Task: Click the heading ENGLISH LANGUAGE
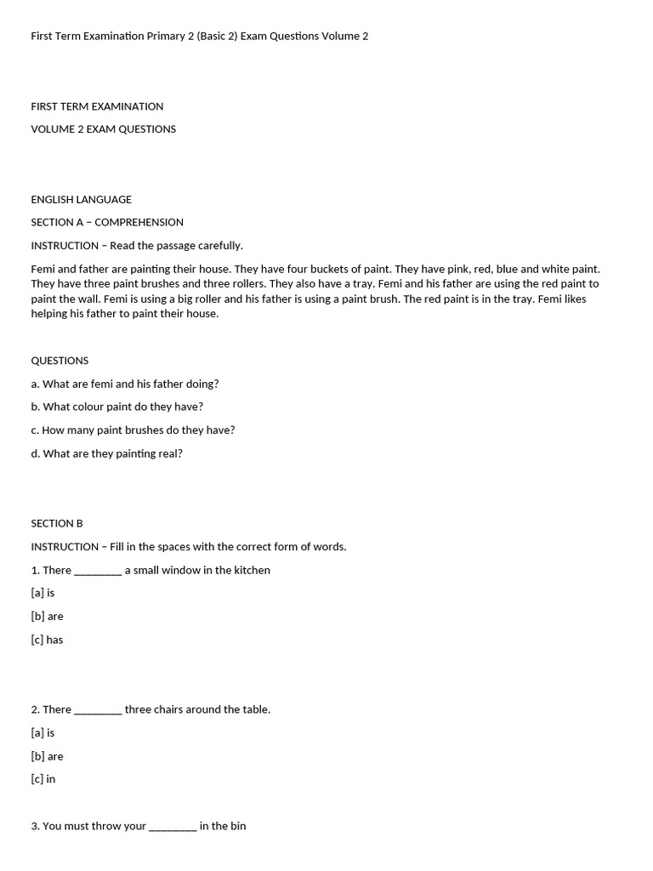coord(81,199)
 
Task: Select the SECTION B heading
coord(57,523)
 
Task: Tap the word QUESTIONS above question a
coord(60,361)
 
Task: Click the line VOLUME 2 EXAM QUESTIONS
coord(103,129)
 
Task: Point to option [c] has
coord(47,640)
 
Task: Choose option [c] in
coord(43,779)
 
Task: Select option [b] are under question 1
coord(47,616)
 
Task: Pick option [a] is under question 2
coord(43,732)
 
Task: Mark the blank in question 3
coord(173,827)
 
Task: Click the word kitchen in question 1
coord(252,570)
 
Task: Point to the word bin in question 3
coord(238,826)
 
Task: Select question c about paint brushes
coord(133,430)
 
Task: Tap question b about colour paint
coord(116,407)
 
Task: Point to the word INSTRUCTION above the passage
coord(65,245)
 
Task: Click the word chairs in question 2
coord(170,709)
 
